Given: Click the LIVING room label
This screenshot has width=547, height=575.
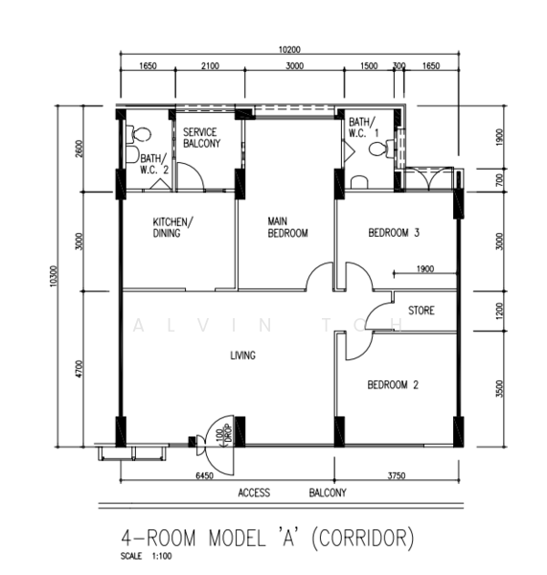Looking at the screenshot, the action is pyautogui.click(x=242, y=356).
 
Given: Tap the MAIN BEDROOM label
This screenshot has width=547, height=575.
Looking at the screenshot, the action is pyautogui.click(x=287, y=227).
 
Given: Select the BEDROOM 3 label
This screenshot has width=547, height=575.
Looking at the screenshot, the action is pyautogui.click(x=394, y=233).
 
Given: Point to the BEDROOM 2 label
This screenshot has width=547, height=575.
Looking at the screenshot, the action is pyautogui.click(x=393, y=384).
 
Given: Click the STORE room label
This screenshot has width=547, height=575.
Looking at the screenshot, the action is pyautogui.click(x=422, y=310).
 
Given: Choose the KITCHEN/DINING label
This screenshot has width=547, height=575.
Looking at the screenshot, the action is pyautogui.click(x=173, y=227).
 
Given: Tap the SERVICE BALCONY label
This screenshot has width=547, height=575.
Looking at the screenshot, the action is pyautogui.click(x=201, y=137).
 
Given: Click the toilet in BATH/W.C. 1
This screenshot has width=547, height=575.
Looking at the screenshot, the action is pyautogui.click(x=377, y=149).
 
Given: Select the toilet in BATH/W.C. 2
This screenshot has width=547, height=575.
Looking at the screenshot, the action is pyautogui.click(x=139, y=134).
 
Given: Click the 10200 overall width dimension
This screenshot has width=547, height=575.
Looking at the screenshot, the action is pyautogui.click(x=289, y=50).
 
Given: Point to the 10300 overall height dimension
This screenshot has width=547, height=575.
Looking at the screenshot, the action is pyautogui.click(x=54, y=276).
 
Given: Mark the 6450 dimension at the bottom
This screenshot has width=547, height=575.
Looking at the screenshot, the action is pyautogui.click(x=204, y=475).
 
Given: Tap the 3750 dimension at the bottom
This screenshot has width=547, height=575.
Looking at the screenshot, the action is pyautogui.click(x=397, y=475).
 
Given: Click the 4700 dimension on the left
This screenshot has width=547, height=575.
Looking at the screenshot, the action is pyautogui.click(x=80, y=369).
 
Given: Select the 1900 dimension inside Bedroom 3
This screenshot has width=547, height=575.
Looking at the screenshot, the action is pyautogui.click(x=425, y=268).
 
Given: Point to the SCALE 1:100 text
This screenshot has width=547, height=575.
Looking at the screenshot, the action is pyautogui.click(x=146, y=556).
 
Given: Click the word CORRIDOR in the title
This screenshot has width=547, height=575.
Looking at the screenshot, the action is pyautogui.click(x=363, y=538).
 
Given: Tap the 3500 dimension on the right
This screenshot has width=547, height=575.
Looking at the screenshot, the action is pyautogui.click(x=499, y=389).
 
